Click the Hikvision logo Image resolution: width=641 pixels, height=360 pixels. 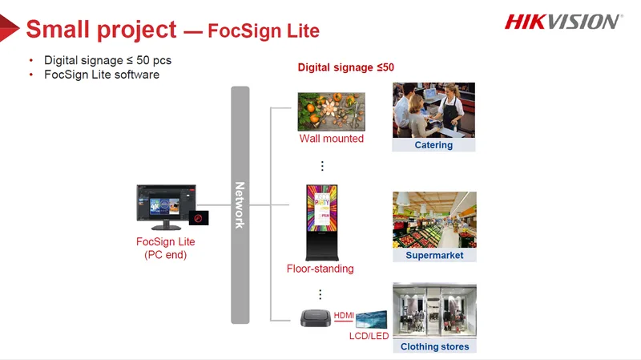(564, 22)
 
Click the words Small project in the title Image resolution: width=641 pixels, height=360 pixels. (102, 30)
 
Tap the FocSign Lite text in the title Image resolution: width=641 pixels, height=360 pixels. (264, 30)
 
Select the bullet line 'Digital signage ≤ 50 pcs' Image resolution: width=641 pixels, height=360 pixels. (107, 60)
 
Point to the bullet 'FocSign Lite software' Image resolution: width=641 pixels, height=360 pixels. (102, 75)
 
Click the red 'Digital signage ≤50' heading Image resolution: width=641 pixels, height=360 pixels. (346, 67)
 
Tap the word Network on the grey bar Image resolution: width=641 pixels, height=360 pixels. (240, 205)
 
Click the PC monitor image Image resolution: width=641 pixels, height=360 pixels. (167, 207)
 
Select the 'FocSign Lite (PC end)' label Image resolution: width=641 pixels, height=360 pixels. (166, 248)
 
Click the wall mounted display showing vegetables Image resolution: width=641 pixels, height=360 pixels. (332, 111)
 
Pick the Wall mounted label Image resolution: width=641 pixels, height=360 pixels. (332, 139)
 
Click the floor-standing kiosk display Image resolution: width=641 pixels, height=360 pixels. (322, 223)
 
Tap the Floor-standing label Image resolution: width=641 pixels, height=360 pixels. (320, 269)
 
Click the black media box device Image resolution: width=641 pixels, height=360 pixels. (316, 318)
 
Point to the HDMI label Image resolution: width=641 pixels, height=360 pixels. (344, 315)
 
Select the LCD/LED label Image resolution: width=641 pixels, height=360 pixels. (369, 336)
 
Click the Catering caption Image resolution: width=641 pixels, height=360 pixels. (433, 145)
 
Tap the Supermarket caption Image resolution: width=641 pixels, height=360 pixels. (434, 255)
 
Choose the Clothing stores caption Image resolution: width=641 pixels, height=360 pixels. (434, 346)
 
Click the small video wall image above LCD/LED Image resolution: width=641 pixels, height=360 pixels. (371, 319)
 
